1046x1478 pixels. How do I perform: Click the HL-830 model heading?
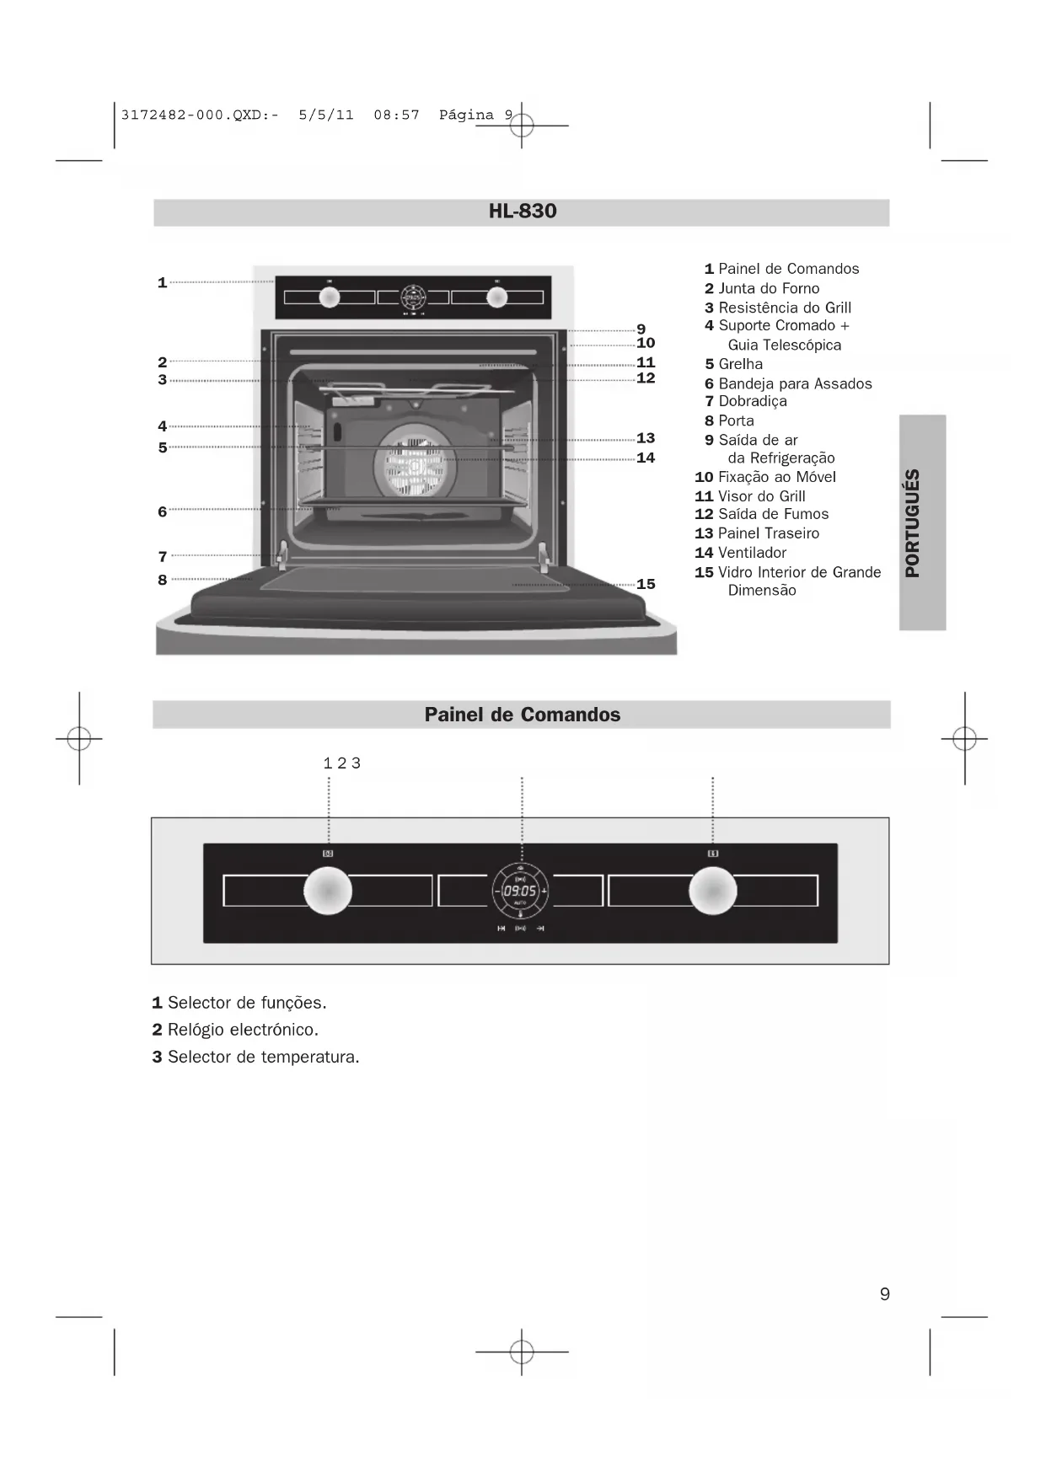522,212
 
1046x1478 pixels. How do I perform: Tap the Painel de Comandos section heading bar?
522,715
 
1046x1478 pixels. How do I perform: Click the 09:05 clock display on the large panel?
520,891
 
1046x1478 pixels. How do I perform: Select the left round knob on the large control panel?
328,891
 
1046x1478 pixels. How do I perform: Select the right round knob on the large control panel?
713,891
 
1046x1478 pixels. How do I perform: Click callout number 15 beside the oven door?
646,584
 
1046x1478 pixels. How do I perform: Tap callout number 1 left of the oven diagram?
162,283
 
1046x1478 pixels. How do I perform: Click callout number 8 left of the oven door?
162,580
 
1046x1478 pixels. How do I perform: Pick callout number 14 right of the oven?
646,458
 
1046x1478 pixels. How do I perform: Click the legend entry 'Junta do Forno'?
769,288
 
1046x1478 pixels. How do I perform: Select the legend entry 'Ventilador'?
752,553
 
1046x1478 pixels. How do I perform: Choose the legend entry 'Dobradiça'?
753,401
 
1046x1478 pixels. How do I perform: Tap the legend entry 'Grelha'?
740,364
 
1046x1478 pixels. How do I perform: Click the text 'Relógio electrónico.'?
243,1030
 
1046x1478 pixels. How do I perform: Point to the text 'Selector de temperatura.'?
263,1057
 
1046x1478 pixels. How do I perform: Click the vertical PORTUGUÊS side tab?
922,522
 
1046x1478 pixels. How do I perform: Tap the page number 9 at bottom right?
884,1294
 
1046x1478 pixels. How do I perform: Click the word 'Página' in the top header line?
466,115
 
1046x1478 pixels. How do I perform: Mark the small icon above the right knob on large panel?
713,854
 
